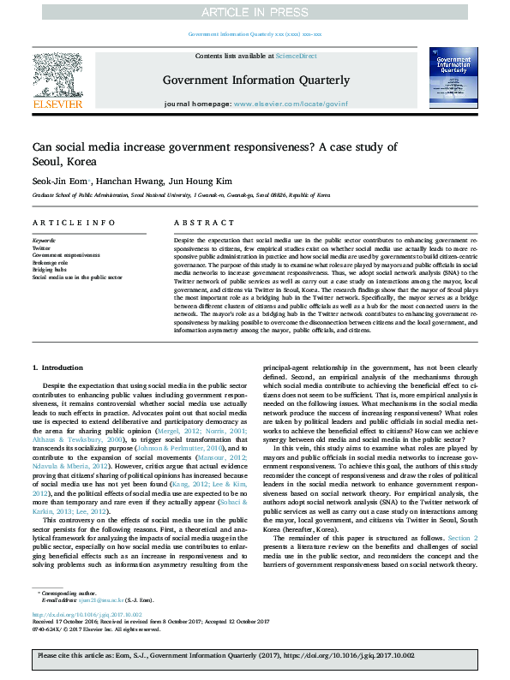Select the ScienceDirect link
pyautogui.click(x=296, y=56)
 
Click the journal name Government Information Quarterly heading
pyautogui.click(x=255, y=81)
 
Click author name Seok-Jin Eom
pyautogui.click(x=58, y=181)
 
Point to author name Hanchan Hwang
pyautogui.click(x=122, y=181)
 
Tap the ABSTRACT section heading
pyautogui.click(x=193, y=223)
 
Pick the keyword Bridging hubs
pyautogui.click(x=50, y=269)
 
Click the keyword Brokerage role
pyautogui.click(x=51, y=262)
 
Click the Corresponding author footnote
pyautogui.click(x=67, y=593)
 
